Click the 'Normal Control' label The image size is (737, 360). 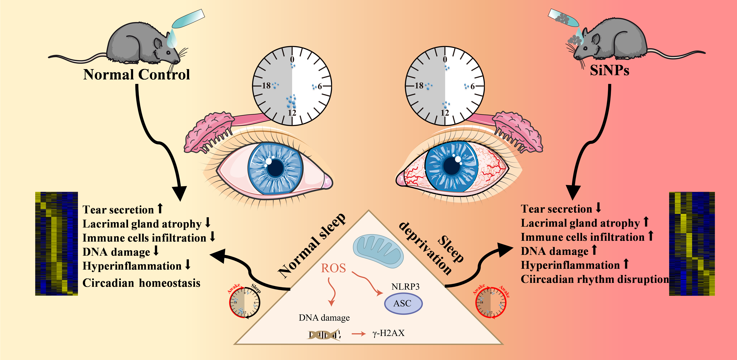[x=136, y=75]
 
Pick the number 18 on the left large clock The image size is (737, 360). [x=266, y=85]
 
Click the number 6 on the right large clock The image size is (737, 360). [x=472, y=86]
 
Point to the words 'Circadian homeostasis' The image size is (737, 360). [x=141, y=283]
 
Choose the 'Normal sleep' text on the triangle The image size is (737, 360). [x=312, y=246]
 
